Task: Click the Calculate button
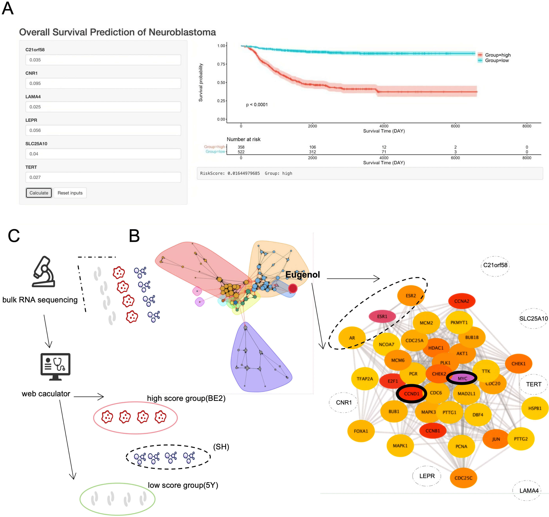[x=39, y=193]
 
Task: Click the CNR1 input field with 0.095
[x=103, y=83]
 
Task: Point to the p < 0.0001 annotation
[x=257, y=105]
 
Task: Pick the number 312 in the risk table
[x=312, y=152]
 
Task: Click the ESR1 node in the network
[x=382, y=316]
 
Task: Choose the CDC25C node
[x=463, y=478]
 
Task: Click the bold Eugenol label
[x=302, y=275]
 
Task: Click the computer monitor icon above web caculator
[x=55, y=366]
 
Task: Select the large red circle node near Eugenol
[x=293, y=288]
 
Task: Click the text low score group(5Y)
[x=183, y=485]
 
